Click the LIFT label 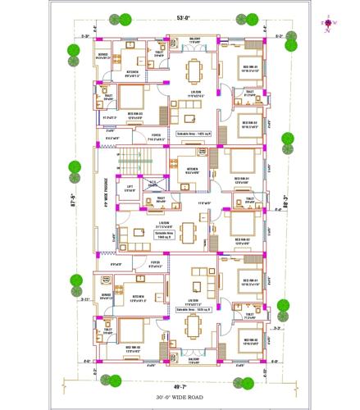[128, 190]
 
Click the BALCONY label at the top [194, 39]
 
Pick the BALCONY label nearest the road [194, 359]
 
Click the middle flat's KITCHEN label [193, 171]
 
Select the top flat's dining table [195, 68]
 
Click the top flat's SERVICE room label [103, 57]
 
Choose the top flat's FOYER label [155, 136]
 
